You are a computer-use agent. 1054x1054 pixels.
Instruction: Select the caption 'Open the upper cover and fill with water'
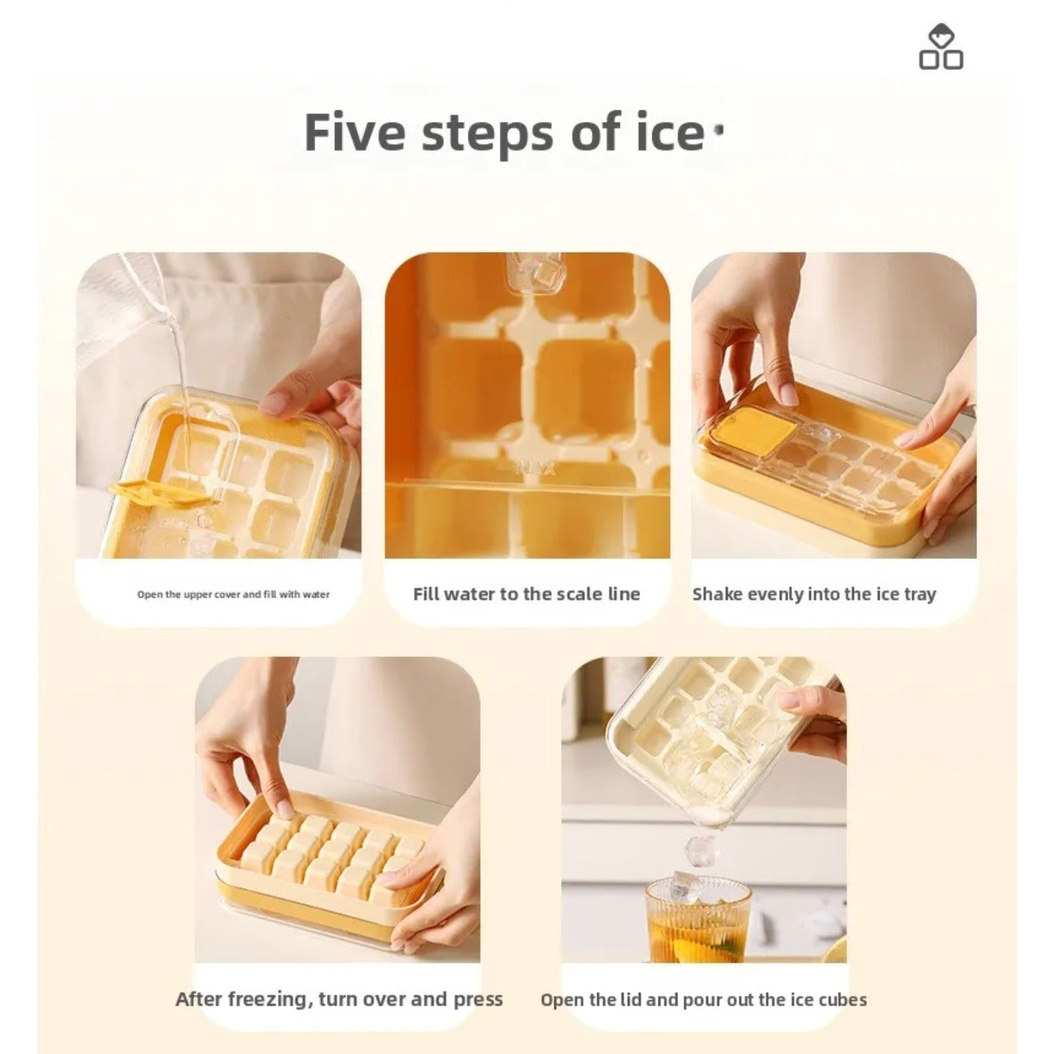[x=233, y=594]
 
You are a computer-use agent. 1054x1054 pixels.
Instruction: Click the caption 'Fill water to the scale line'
[x=526, y=594]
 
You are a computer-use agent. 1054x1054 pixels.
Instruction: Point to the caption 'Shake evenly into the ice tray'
[x=814, y=594]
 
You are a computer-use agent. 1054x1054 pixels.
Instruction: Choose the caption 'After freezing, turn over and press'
[x=338, y=999]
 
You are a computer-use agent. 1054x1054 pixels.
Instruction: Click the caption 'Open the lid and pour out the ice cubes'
[x=703, y=1000]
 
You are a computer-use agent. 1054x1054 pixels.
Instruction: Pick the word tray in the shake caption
[x=920, y=594]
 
